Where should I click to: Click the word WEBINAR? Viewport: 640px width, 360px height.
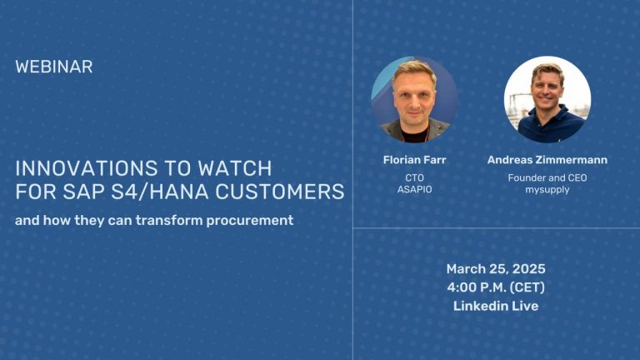pos(54,67)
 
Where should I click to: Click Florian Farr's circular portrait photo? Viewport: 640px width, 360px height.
pos(414,99)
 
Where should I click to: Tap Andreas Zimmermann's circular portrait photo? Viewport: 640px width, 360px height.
pos(547,99)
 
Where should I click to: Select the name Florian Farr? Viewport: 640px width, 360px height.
pos(414,160)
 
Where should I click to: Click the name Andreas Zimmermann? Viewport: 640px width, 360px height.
pos(547,160)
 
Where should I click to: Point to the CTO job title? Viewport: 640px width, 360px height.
pos(414,177)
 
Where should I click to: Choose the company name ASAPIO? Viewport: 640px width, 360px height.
pos(414,190)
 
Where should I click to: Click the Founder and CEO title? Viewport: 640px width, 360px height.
pos(547,177)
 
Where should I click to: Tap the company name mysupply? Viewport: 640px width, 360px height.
pos(547,190)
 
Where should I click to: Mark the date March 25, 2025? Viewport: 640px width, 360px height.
pos(496,269)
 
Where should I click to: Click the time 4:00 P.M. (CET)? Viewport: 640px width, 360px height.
pos(496,287)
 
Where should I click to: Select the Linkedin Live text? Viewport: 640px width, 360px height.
pos(496,306)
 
